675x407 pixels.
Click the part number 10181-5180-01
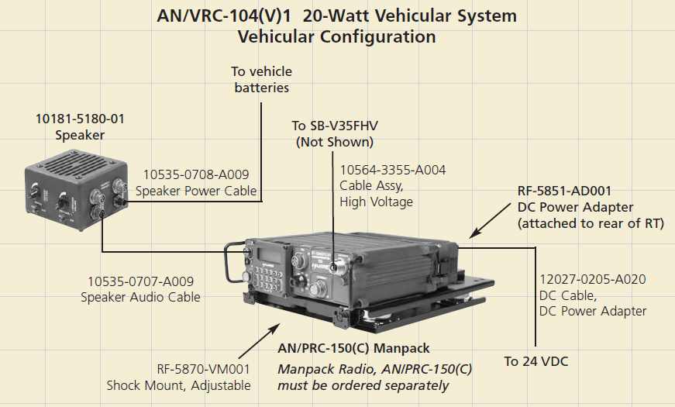pyautogui.click(x=80, y=119)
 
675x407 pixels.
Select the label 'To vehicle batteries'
pyautogui.click(x=261, y=80)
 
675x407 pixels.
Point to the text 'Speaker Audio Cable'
pyautogui.click(x=140, y=297)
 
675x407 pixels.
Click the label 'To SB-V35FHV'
pyautogui.click(x=334, y=126)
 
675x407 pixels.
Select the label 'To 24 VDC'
pyautogui.click(x=536, y=361)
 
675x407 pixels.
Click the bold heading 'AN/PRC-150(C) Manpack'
pyautogui.click(x=353, y=349)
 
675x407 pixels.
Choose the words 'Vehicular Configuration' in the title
pyautogui.click(x=336, y=36)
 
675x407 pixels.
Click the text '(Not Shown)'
pyautogui.click(x=334, y=142)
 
